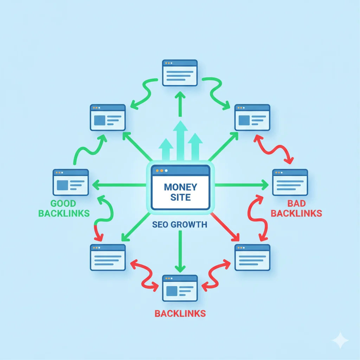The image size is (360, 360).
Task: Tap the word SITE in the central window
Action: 180,197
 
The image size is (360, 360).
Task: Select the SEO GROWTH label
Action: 180,224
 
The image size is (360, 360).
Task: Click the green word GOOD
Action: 63,203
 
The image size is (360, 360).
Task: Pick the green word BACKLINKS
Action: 64,213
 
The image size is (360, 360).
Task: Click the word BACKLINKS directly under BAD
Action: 296,213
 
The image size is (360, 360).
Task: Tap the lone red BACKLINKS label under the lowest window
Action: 180,313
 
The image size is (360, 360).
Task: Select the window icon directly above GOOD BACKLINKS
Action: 71,182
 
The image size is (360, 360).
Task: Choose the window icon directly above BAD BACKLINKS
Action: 290,182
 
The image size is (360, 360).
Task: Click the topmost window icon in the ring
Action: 180,72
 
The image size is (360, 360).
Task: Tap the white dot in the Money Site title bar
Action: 166,171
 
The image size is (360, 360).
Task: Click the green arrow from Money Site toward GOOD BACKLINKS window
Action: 120,185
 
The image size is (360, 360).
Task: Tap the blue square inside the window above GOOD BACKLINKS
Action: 62,185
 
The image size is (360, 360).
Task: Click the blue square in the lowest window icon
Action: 172,291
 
